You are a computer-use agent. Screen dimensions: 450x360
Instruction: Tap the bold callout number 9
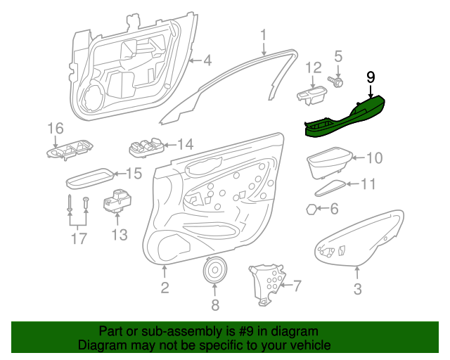371,77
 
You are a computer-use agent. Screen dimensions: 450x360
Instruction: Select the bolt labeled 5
335,82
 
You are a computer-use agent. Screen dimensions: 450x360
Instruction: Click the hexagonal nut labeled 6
311,210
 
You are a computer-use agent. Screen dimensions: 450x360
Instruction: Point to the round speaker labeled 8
215,270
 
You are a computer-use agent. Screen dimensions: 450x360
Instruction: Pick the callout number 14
186,144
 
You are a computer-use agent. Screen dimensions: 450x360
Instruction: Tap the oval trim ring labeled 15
89,179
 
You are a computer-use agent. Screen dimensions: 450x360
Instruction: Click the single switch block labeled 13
117,202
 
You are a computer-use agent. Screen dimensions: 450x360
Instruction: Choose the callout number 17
79,238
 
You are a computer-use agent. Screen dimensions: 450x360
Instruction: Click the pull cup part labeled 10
330,163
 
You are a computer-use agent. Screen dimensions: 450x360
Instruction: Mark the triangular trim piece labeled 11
330,188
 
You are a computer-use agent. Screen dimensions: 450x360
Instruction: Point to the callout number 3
357,289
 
